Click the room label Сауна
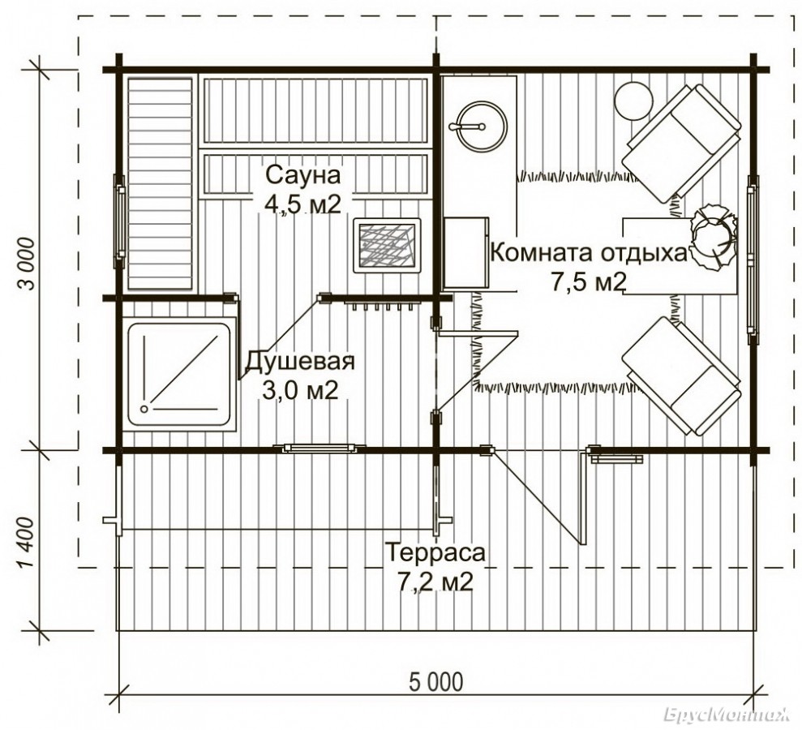coord(302,175)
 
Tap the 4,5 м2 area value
coord(302,204)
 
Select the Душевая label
coord(300,362)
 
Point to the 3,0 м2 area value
coord(300,390)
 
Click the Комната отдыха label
coord(588,253)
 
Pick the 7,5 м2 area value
coord(588,281)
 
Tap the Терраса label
coord(435,553)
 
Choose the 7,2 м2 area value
coord(435,582)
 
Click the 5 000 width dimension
coord(436,681)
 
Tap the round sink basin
coord(481,127)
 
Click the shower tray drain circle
coord(144,410)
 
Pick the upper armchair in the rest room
coord(682,144)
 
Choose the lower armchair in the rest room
coord(682,376)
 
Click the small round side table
coord(634,101)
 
